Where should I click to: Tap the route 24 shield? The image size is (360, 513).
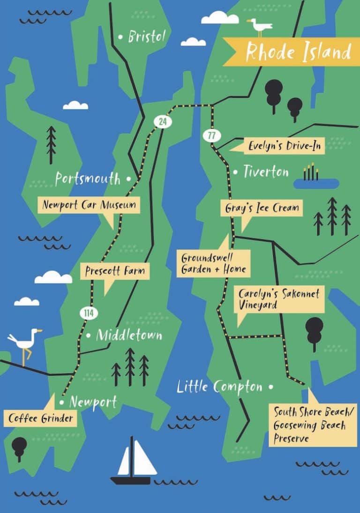pyautogui.click(x=162, y=122)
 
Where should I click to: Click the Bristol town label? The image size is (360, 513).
pyautogui.click(x=147, y=37)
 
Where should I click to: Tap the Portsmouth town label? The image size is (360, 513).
pyautogui.click(x=88, y=178)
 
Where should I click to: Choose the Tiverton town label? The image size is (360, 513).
pyautogui.click(x=266, y=172)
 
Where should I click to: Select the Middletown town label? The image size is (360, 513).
pyautogui.click(x=129, y=335)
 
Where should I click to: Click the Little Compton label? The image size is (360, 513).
pyautogui.click(x=219, y=387)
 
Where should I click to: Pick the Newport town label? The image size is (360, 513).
pyautogui.click(x=93, y=402)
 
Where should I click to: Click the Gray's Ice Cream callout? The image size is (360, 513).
pyautogui.click(x=262, y=208)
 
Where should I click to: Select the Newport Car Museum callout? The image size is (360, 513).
pyautogui.click(x=89, y=205)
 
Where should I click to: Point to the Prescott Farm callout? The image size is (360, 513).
pyautogui.click(x=115, y=271)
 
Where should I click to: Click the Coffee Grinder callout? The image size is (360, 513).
pyautogui.click(x=41, y=418)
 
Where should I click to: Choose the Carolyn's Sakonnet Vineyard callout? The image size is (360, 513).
pyautogui.click(x=279, y=299)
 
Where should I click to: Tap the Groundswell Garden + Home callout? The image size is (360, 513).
pyautogui.click(x=213, y=263)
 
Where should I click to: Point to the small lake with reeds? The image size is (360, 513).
pyautogui.click(x=315, y=182)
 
